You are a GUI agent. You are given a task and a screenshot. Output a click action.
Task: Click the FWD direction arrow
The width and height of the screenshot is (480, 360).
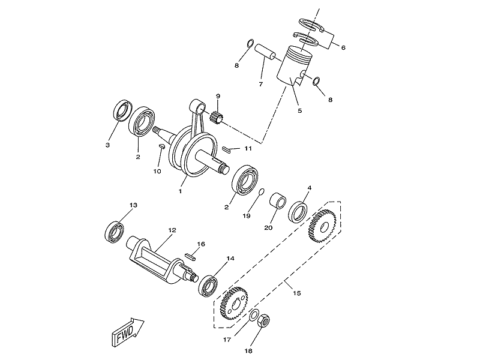(128, 332)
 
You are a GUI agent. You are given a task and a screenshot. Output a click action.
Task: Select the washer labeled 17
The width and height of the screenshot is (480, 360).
(254, 316)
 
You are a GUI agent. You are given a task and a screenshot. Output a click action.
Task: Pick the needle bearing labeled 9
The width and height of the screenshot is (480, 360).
(216, 116)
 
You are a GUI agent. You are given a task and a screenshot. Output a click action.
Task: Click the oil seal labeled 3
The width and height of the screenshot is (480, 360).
(123, 110)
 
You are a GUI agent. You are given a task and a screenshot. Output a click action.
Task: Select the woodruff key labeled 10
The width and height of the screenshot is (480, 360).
(161, 146)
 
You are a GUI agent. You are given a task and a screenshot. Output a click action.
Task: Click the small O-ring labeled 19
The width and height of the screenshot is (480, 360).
(261, 192)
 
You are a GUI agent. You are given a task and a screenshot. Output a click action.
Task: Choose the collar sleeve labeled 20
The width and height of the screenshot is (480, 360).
(278, 200)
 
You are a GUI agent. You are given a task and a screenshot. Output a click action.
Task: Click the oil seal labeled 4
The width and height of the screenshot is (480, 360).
(298, 212)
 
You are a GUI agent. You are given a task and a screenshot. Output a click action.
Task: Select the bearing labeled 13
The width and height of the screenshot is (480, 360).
(114, 232)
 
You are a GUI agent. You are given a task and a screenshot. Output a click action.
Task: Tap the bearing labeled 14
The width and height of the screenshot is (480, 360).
(208, 286)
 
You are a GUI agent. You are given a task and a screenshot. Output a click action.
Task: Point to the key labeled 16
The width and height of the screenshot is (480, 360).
(190, 256)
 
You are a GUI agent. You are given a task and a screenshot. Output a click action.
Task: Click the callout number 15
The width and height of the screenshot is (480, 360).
(296, 293)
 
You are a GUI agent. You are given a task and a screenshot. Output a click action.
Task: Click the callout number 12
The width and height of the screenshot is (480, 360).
(172, 230)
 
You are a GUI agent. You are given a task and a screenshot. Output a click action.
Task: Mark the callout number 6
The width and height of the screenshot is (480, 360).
(343, 48)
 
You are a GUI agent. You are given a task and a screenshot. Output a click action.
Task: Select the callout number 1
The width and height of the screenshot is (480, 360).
(181, 191)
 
